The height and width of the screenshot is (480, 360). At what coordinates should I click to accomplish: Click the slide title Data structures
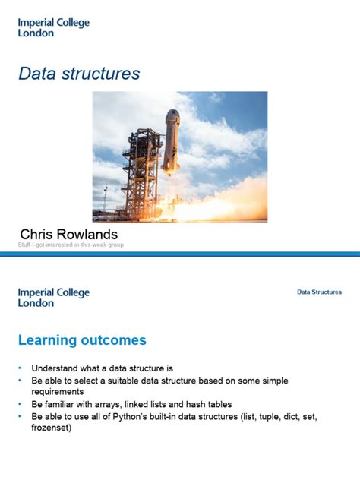[x=79, y=73]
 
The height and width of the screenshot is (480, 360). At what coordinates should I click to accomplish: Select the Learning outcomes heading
[x=82, y=339]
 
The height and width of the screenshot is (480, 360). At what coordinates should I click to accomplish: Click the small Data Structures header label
[x=319, y=292]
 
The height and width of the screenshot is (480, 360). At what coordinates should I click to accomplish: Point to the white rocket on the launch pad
[x=172, y=141]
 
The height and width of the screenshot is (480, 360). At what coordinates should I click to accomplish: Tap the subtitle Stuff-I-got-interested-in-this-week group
[x=71, y=245]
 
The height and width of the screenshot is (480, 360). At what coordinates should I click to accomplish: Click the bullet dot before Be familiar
[x=21, y=404]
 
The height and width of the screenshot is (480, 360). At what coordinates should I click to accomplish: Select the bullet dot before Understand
[x=21, y=366]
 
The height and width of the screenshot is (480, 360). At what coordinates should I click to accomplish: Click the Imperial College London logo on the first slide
[x=53, y=27]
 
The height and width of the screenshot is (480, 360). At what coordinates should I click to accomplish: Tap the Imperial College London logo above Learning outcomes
[x=53, y=297]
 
